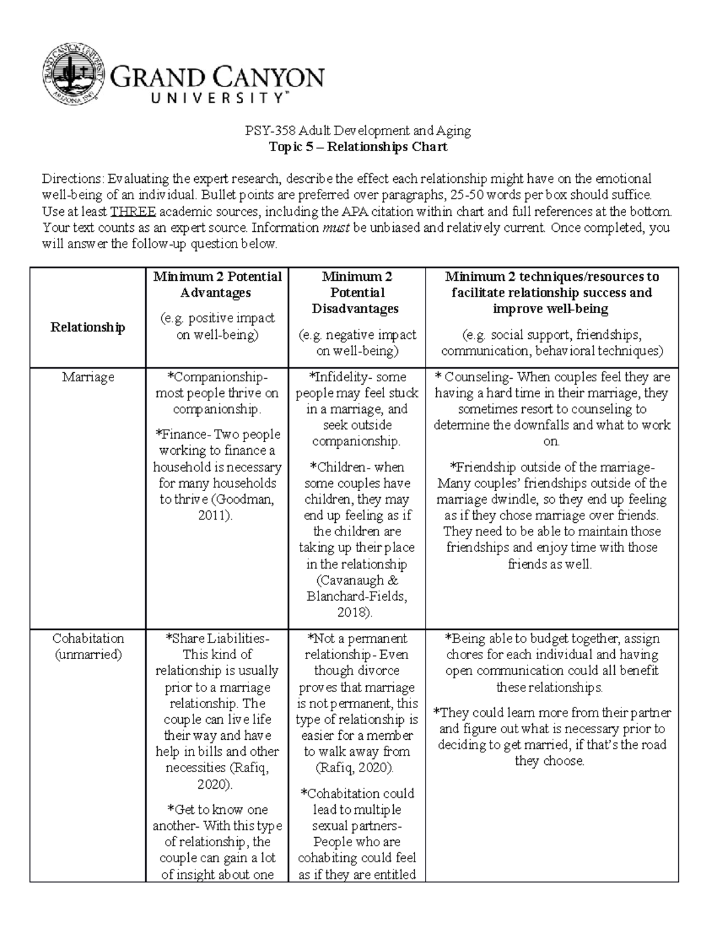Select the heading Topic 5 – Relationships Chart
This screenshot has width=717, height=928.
tap(358, 147)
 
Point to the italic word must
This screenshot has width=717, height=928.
tap(336, 228)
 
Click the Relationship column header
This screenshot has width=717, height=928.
tap(88, 327)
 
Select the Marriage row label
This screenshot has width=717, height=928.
tap(88, 378)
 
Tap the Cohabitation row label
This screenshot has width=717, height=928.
tap(88, 639)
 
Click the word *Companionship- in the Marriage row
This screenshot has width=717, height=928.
tap(217, 378)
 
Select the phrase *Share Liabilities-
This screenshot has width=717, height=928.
tap(217, 639)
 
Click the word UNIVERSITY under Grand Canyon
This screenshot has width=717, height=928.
tap(216, 99)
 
